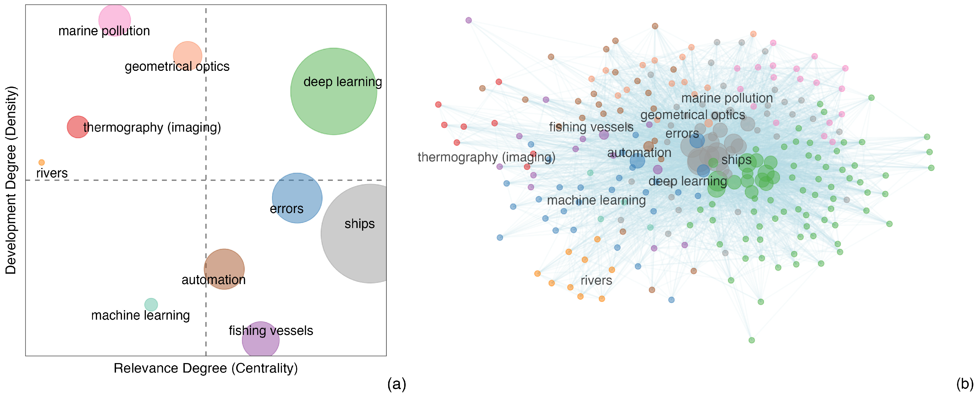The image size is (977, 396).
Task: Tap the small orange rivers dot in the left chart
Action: (x=42, y=162)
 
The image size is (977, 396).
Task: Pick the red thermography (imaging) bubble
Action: (x=78, y=127)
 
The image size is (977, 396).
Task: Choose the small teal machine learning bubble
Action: (x=151, y=304)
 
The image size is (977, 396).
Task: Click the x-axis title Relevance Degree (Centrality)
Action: (x=206, y=368)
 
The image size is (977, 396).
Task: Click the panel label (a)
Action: (x=396, y=384)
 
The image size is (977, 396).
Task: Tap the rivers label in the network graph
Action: (x=596, y=281)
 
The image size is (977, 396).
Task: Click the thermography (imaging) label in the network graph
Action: (x=486, y=157)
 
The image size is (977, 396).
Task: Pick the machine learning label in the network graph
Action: (x=596, y=200)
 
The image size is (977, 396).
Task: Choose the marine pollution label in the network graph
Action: (x=727, y=98)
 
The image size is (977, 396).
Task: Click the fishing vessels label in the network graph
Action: (x=591, y=127)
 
